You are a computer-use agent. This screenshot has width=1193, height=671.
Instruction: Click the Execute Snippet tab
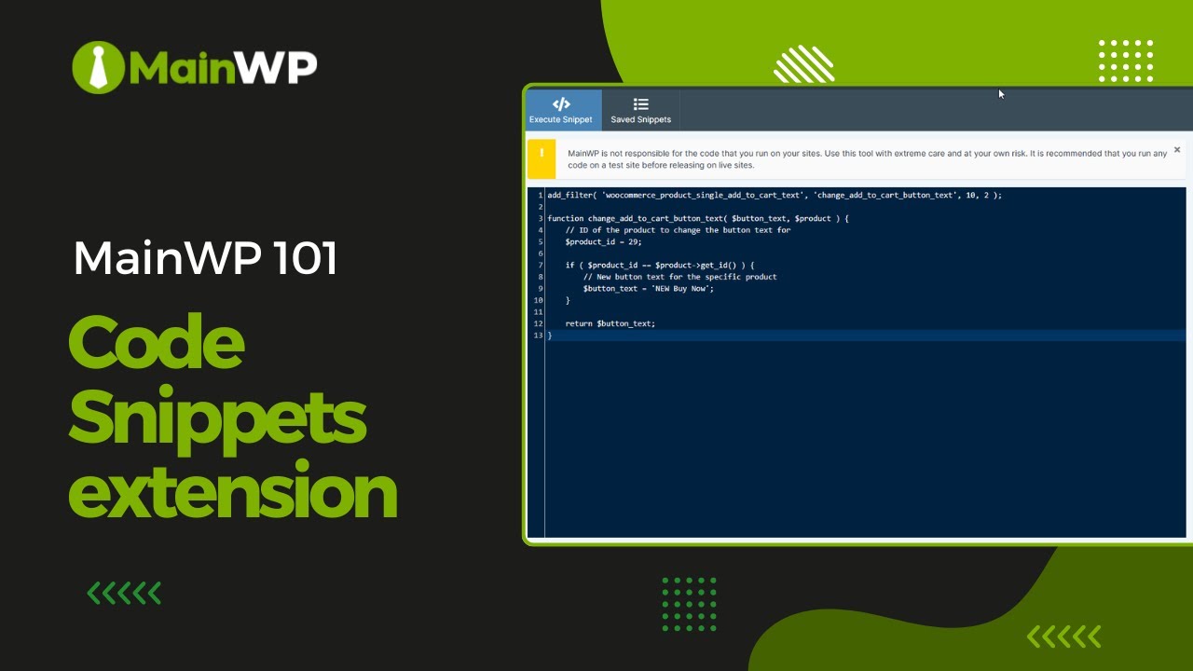click(561, 110)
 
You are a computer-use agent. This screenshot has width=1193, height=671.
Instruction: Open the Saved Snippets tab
click(640, 110)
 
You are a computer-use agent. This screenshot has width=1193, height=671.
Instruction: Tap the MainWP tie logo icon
click(98, 67)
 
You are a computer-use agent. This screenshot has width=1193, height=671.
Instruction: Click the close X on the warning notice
click(1177, 150)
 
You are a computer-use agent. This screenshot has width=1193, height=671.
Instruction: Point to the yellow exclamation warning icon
click(542, 155)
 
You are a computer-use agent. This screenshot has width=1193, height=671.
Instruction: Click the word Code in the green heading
click(157, 342)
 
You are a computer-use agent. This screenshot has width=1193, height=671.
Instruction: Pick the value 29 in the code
click(634, 241)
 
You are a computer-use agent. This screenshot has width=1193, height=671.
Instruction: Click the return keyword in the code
click(579, 323)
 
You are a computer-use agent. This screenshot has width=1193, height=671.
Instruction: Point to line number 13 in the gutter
click(538, 335)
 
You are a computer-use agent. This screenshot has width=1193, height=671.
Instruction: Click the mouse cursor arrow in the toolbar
click(1001, 94)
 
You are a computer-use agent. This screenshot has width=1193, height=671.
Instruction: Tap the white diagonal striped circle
click(803, 64)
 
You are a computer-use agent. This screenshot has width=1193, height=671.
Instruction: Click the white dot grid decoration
click(1126, 62)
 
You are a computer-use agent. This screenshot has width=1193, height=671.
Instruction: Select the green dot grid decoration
click(690, 604)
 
